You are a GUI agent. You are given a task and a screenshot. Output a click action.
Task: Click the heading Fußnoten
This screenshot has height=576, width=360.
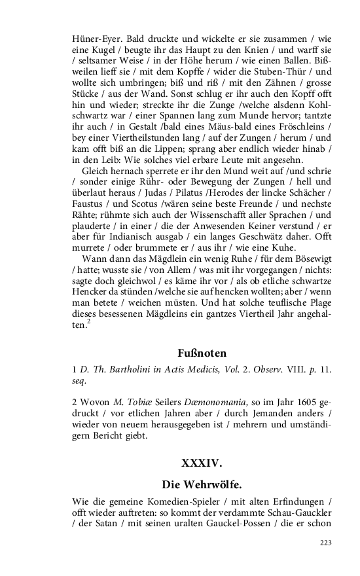click(202, 353)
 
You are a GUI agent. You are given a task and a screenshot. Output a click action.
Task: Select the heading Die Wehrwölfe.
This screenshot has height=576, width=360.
click(202, 484)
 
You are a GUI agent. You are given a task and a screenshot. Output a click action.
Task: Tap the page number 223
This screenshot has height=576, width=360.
click(325, 543)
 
